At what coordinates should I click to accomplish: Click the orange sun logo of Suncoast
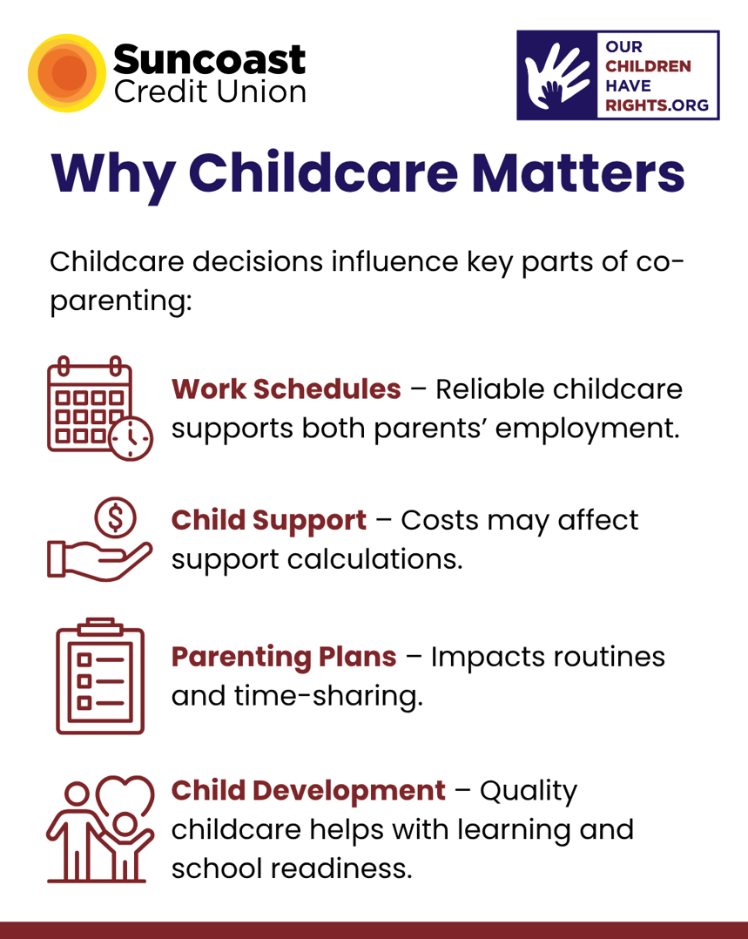point(67,73)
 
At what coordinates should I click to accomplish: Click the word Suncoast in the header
point(209,59)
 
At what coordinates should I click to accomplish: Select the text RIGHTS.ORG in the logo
point(657,105)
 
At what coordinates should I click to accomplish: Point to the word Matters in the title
point(578,172)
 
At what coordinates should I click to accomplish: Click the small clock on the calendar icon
point(131,438)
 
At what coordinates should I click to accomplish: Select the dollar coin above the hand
point(115,518)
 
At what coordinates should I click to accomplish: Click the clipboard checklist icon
point(100,676)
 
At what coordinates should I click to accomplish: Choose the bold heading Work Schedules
point(286,389)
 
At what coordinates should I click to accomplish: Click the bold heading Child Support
point(269,521)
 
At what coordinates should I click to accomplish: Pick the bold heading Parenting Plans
point(284,657)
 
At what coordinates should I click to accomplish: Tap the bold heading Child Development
point(308,791)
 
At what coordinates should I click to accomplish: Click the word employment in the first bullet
point(588,429)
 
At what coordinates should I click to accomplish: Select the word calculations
point(375,559)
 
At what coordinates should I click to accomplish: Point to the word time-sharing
point(329,696)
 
